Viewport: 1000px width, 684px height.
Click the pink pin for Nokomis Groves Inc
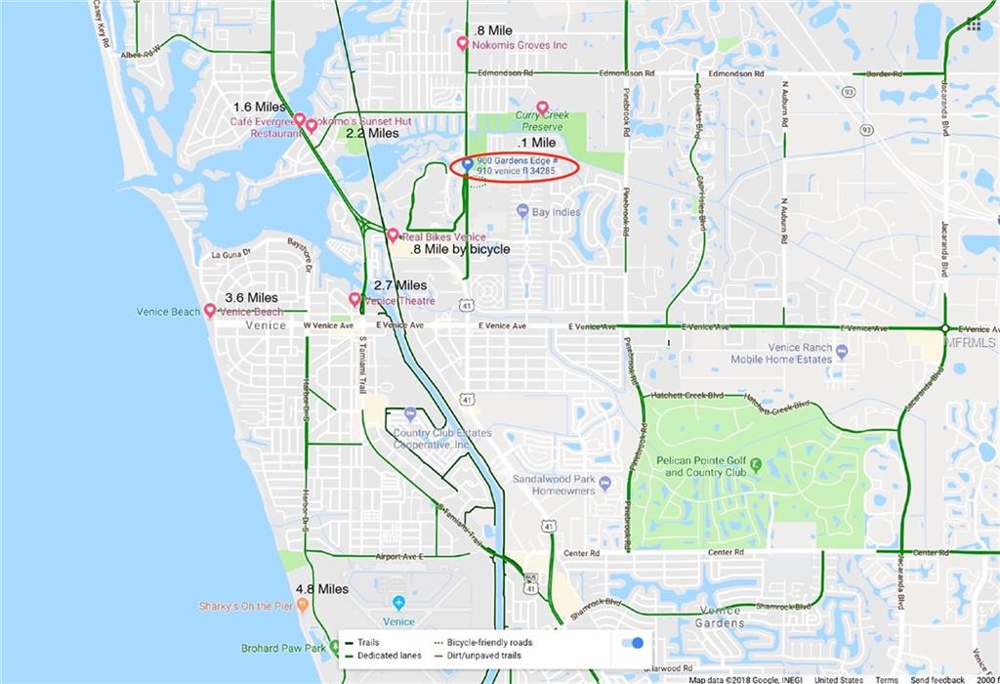pyautogui.click(x=463, y=43)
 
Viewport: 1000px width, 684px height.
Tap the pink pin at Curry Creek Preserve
pyautogui.click(x=542, y=107)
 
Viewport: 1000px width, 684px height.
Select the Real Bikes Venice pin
pyautogui.click(x=393, y=235)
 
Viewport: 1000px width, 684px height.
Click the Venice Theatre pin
pyautogui.click(x=355, y=298)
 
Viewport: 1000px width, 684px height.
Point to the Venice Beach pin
pyautogui.click(x=209, y=310)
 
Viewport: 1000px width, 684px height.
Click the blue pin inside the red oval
pyautogui.click(x=467, y=163)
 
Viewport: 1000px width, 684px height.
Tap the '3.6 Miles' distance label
pyautogui.click(x=251, y=297)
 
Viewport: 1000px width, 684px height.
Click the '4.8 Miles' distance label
pyautogui.click(x=322, y=589)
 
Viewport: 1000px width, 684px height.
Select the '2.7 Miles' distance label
pyautogui.click(x=399, y=285)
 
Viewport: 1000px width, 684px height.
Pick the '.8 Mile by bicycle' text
pyautogui.click(x=461, y=250)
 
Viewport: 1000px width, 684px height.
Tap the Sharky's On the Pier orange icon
pyautogui.click(x=303, y=606)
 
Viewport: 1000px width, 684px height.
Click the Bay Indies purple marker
pyautogui.click(x=522, y=211)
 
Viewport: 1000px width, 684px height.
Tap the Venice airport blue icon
pyautogui.click(x=398, y=603)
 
